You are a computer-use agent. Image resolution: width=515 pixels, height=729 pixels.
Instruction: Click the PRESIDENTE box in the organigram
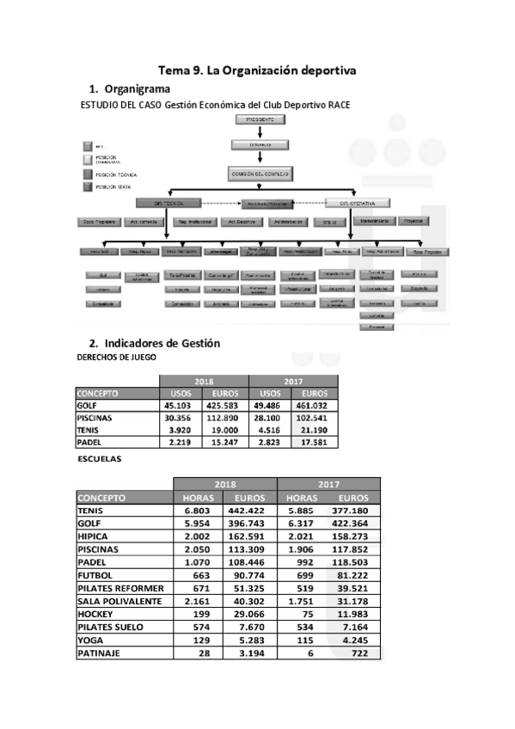coord(260,120)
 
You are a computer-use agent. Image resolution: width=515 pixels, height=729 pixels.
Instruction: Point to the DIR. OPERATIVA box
coord(358,202)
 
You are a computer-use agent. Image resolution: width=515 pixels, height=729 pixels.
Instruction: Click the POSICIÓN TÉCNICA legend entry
coord(115,174)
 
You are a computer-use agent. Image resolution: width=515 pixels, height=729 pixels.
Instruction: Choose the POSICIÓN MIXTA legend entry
coord(115,186)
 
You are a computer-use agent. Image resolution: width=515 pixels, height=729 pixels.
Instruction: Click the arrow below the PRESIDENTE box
coord(260,133)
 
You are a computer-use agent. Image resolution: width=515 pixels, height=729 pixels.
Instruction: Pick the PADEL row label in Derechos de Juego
coord(89,442)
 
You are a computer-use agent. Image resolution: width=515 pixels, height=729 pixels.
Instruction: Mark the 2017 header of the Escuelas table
coord(328,484)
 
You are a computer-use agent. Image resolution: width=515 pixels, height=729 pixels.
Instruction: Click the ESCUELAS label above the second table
coord(99,459)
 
